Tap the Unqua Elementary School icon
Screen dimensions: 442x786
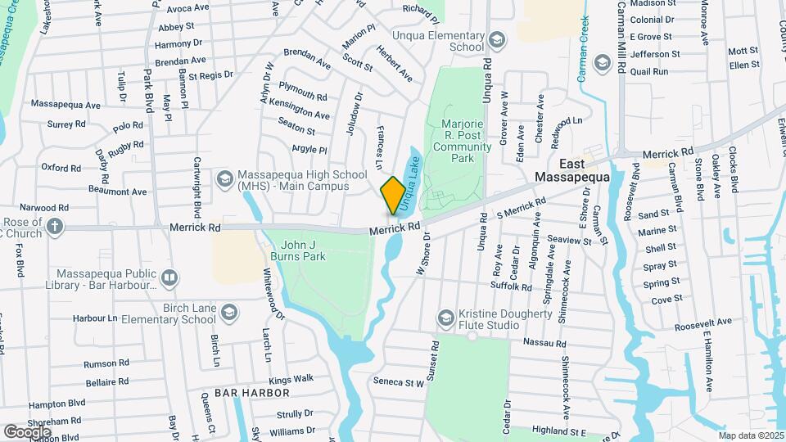pyautogui.click(x=496, y=39)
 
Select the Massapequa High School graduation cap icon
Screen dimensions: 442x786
pyautogui.click(x=224, y=178)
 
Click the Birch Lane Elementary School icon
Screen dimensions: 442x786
pyautogui.click(x=229, y=313)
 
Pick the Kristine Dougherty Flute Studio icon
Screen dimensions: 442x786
pyautogui.click(x=446, y=318)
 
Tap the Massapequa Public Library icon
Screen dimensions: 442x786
pyautogui.click(x=169, y=278)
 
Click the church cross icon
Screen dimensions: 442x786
pyautogui.click(x=55, y=226)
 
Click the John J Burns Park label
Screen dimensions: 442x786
pyautogui.click(x=304, y=250)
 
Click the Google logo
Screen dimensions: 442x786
pyautogui.click(x=26, y=431)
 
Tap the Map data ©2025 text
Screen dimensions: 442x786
pyautogui.click(x=751, y=435)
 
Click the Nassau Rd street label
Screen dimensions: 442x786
pyautogui.click(x=544, y=343)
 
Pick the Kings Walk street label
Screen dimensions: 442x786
pyautogui.click(x=291, y=379)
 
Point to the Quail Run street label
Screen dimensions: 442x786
pyautogui.click(x=650, y=72)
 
